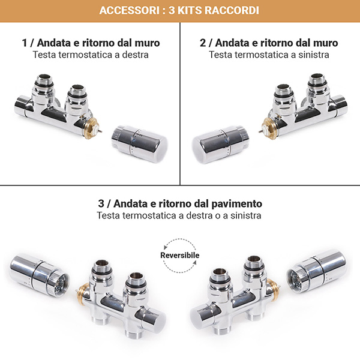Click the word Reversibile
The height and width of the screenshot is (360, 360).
(x=180, y=256)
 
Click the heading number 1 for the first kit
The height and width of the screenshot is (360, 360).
(x=25, y=43)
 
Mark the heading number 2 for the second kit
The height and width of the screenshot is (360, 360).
(x=203, y=43)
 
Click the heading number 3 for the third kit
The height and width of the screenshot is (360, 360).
(x=101, y=203)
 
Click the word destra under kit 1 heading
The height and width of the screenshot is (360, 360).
(x=133, y=55)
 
